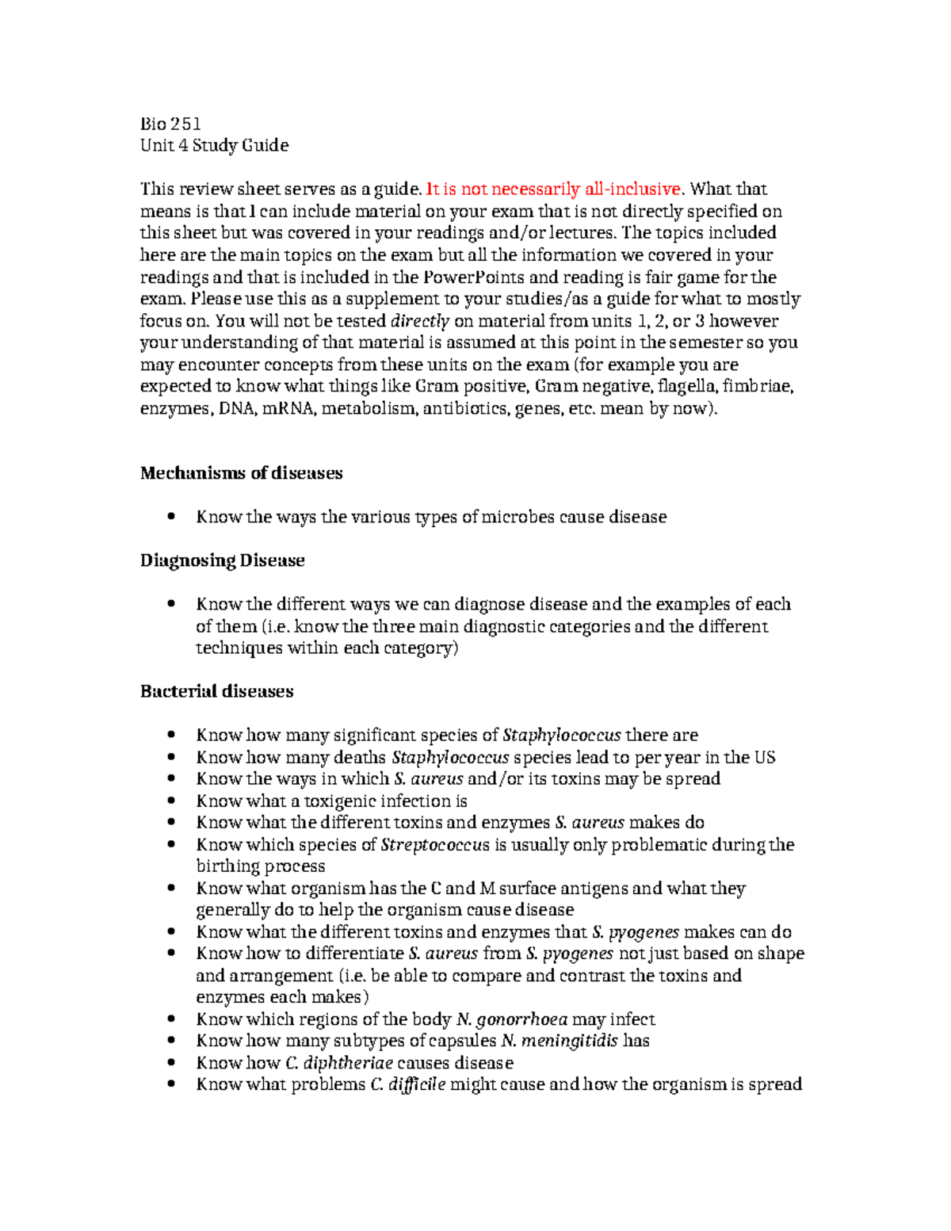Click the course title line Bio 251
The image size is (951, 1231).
[170, 124]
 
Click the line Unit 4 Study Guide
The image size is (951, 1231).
[214, 145]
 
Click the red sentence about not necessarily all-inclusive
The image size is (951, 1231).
[553, 189]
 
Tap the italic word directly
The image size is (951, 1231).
[420, 321]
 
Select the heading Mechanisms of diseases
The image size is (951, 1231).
[241, 473]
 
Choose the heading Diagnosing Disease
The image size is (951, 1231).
[222, 560]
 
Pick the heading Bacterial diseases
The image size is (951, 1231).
[216, 691]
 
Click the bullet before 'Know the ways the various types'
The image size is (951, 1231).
[170, 517]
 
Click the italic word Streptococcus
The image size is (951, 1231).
[435, 845]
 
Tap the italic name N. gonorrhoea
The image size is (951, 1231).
[513, 1019]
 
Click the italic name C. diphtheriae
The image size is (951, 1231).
[338, 1063]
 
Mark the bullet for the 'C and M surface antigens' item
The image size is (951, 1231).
[170, 889]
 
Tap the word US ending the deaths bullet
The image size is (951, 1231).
[765, 757]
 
